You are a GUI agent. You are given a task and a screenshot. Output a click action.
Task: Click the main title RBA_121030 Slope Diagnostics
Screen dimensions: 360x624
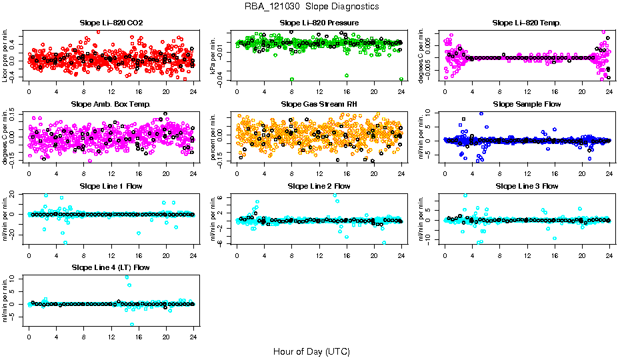pyautogui.click(x=311, y=6)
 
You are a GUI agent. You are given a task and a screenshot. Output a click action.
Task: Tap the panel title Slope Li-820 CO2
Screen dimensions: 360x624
pyautogui.click(x=111, y=23)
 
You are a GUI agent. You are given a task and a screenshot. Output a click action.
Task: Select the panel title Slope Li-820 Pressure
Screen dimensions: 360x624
pyautogui.click(x=319, y=23)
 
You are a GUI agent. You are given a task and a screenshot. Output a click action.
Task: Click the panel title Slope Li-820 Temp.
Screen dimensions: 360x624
pyautogui.click(x=527, y=23)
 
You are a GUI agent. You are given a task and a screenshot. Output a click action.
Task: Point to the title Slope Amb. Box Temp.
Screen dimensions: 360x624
pyautogui.click(x=111, y=105)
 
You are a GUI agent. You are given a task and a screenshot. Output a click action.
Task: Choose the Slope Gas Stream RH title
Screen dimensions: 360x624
pyautogui.click(x=319, y=105)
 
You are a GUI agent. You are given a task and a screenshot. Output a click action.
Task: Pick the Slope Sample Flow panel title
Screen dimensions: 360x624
pyautogui.click(x=527, y=105)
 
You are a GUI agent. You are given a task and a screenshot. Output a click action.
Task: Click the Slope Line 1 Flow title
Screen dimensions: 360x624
pyautogui.click(x=111, y=186)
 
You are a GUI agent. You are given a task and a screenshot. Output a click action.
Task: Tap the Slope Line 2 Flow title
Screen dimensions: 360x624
pyautogui.click(x=319, y=186)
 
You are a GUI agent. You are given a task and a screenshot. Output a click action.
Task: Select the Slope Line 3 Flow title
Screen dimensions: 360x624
pyautogui.click(x=527, y=186)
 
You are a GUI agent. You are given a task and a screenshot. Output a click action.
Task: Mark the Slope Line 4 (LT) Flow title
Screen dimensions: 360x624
pyautogui.click(x=111, y=267)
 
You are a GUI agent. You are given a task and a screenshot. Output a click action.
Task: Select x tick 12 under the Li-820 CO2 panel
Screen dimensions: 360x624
pyautogui.click(x=111, y=92)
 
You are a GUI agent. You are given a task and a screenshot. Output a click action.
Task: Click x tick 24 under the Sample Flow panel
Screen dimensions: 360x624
pyautogui.click(x=609, y=173)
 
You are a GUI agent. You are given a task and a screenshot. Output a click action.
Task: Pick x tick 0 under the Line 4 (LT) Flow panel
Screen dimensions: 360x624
pyautogui.click(x=29, y=336)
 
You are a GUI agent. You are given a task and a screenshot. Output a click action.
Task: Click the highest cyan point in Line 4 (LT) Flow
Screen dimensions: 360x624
pyautogui.click(x=127, y=277)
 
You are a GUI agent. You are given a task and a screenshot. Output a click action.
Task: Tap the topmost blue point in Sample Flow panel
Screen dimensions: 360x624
pyautogui.click(x=481, y=113)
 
